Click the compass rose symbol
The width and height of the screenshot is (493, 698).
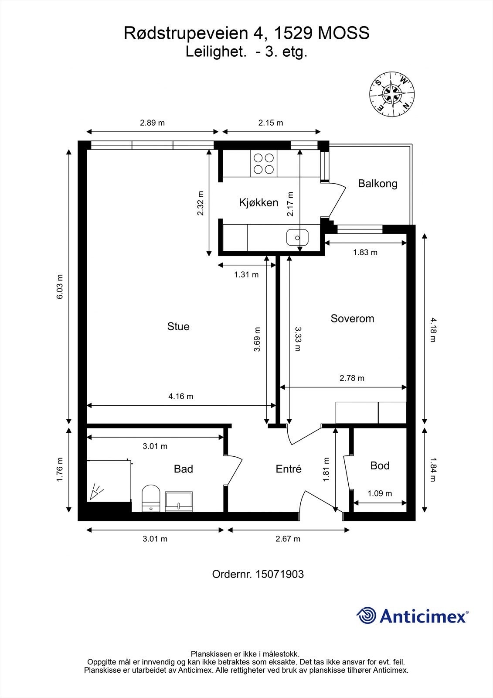coord(392,94)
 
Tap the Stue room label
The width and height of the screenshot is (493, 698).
coord(178,327)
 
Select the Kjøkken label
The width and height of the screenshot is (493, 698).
coord(258,202)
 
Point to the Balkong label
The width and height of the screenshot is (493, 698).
coord(378,184)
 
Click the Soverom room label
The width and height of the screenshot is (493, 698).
coord(352,318)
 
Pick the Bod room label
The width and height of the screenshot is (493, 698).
coord(380,465)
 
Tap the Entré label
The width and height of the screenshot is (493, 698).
coord(289,469)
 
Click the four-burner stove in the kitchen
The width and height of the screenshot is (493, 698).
coord(263,164)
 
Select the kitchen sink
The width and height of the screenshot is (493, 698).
coord(297,238)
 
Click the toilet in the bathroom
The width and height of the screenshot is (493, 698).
coord(151,498)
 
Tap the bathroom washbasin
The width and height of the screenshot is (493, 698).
coord(179,501)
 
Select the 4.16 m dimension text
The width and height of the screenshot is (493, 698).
coord(181,397)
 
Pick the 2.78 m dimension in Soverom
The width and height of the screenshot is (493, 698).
coord(352,378)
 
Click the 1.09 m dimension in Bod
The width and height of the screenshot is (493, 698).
coord(380,493)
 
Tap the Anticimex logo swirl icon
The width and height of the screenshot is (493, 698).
coord(366,616)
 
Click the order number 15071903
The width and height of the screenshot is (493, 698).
coord(279,574)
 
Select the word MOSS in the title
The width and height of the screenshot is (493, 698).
coord(343,33)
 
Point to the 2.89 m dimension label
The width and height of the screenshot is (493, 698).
coord(152,123)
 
